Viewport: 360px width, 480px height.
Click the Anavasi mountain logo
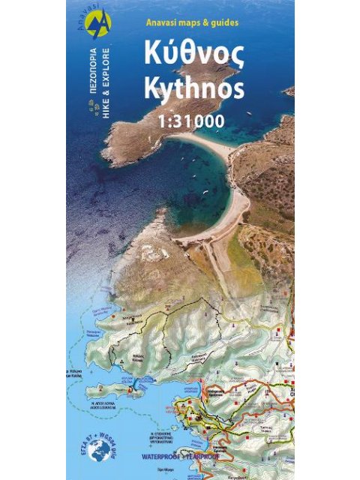coord(98,25)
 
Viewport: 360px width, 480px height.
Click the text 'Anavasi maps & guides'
coord(193,22)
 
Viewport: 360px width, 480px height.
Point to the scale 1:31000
coord(194,120)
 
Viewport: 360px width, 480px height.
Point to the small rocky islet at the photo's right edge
coord(289,91)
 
